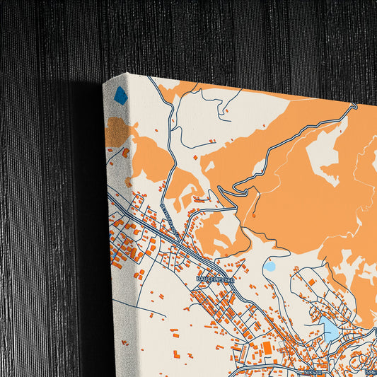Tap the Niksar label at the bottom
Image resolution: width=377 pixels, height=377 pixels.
click(x=311, y=370)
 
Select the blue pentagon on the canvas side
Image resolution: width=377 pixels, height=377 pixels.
click(x=120, y=95)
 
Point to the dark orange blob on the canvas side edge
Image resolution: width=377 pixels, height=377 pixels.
click(x=117, y=132)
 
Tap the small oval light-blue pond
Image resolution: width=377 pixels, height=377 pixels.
click(x=269, y=267)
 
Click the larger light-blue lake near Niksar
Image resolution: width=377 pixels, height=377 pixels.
click(x=330, y=327)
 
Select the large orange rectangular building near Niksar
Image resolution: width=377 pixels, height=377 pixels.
click(x=267, y=348)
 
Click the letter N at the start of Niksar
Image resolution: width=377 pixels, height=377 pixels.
click(x=302, y=370)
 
